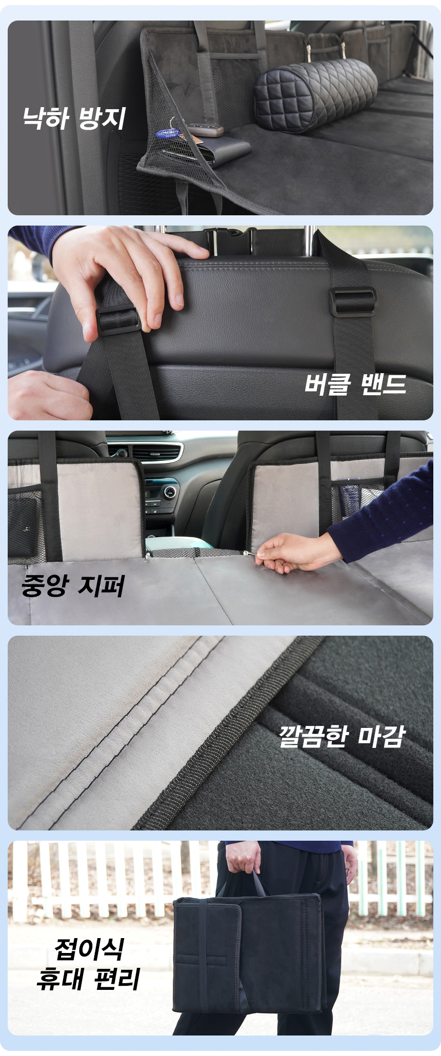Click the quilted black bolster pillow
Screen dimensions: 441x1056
(315, 94)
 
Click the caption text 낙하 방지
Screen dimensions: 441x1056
(74, 118)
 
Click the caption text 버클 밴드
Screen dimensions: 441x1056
(355, 384)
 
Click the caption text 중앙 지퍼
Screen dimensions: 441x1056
(73, 585)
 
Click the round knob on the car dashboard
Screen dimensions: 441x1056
(170, 493)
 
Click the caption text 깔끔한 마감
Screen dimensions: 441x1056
(342, 737)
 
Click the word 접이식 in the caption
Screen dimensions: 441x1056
(89, 949)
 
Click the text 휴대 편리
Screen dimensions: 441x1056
(88, 979)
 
